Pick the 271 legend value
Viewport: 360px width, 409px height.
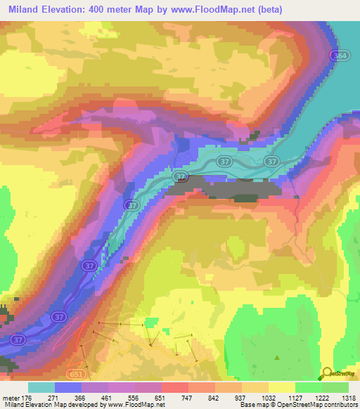pyautogui.click(x=69, y=397)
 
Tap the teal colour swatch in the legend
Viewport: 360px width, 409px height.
pyautogui.click(x=41, y=387)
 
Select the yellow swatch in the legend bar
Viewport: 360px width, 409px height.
pyautogui.click(x=282, y=387)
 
